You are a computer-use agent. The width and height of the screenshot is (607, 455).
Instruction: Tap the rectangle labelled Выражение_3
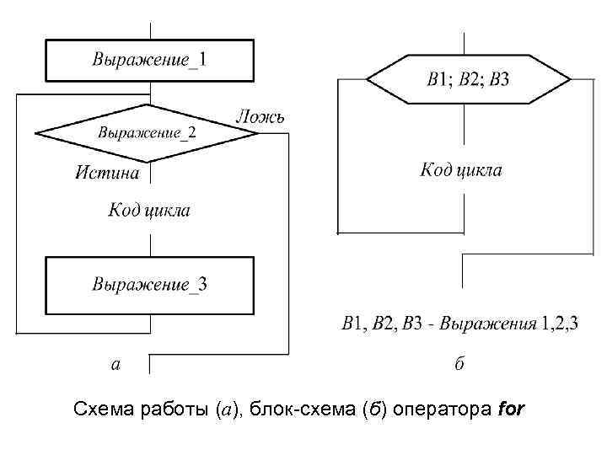tap(150, 285)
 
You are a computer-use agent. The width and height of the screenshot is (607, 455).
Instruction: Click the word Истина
tap(107, 173)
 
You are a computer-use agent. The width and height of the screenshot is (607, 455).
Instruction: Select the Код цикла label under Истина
tap(148, 210)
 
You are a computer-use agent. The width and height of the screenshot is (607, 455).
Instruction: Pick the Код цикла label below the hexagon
tap(461, 170)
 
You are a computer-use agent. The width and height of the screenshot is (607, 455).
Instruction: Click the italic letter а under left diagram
tap(115, 364)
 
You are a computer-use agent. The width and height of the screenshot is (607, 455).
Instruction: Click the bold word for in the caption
tap(512, 410)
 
